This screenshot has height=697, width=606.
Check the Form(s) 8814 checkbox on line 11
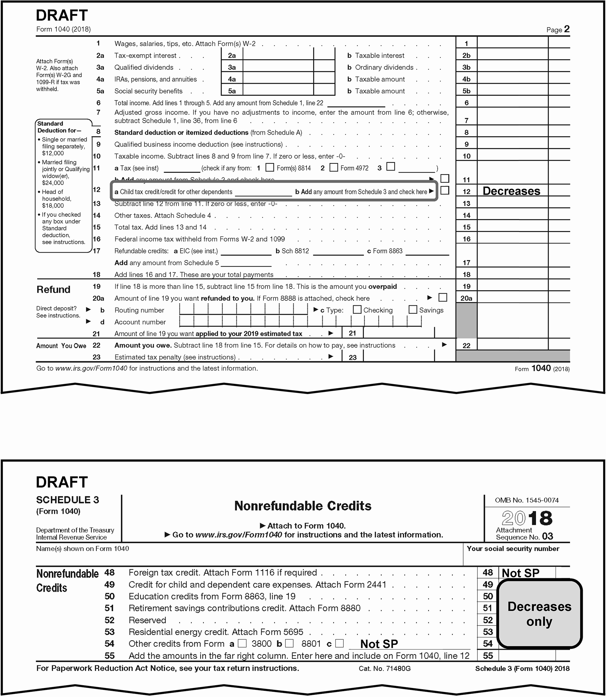(269, 167)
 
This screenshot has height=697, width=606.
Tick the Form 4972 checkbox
(334, 167)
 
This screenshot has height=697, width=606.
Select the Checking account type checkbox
(357, 309)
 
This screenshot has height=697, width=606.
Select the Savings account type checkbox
(413, 309)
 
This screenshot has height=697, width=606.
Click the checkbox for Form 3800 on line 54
(242, 643)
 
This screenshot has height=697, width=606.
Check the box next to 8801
(289, 643)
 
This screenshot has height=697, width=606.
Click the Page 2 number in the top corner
(566, 29)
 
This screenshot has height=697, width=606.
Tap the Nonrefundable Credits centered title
(303, 506)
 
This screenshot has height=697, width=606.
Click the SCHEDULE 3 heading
(68, 500)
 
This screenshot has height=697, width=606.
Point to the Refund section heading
(53, 290)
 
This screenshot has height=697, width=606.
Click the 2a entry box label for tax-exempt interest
(232, 55)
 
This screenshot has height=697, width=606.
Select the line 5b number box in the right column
(466, 91)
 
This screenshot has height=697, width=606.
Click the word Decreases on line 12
(511, 191)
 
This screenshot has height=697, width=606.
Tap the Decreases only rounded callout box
(539, 614)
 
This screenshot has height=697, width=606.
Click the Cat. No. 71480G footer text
(384, 668)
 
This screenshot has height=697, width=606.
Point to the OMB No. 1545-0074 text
(527, 500)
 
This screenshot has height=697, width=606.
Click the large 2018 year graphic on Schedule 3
(527, 518)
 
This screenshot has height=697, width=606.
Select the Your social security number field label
(513, 548)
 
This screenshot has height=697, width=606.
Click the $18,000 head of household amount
(53, 206)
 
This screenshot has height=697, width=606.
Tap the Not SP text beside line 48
(520, 573)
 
